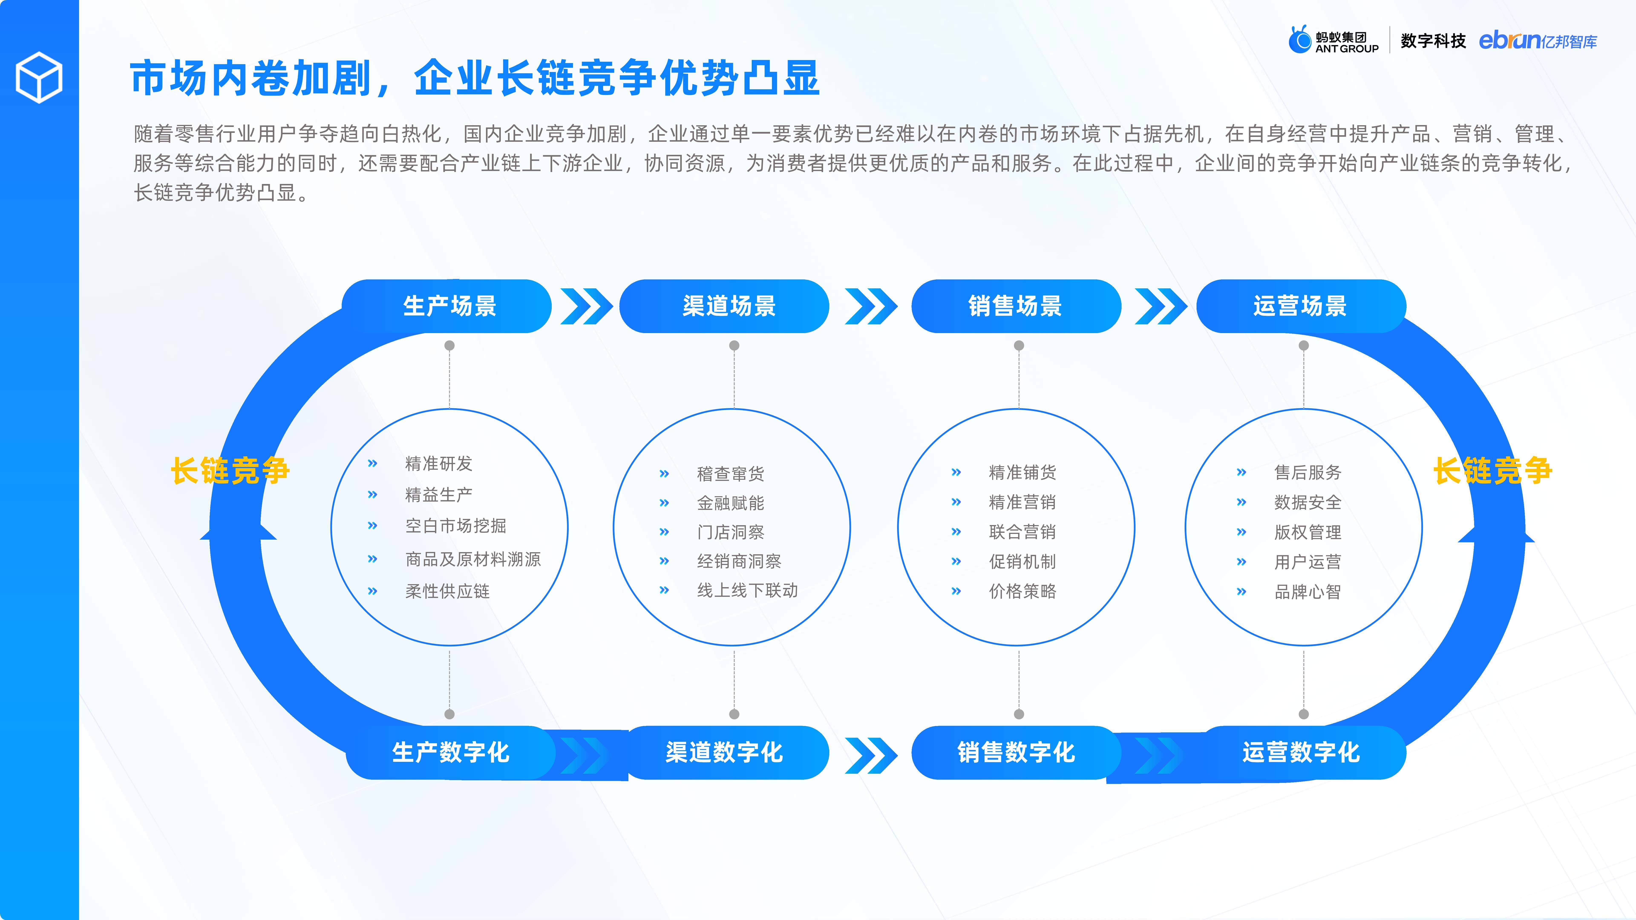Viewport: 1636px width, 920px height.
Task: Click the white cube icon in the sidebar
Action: (39, 78)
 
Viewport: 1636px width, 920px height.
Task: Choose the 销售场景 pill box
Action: (1016, 306)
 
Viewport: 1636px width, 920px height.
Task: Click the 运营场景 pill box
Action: (1301, 306)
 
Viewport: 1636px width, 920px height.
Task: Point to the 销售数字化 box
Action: (1016, 752)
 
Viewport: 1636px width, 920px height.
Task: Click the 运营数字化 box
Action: (1301, 752)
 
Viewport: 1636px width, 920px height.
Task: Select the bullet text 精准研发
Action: (439, 463)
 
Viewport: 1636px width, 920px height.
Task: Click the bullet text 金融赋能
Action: (730, 503)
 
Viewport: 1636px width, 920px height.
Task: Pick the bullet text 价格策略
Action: (1022, 591)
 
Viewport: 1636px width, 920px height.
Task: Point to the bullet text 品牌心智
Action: (1308, 592)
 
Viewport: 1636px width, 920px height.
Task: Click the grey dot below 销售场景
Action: (1019, 345)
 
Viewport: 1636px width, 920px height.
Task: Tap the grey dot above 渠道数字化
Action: (734, 714)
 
